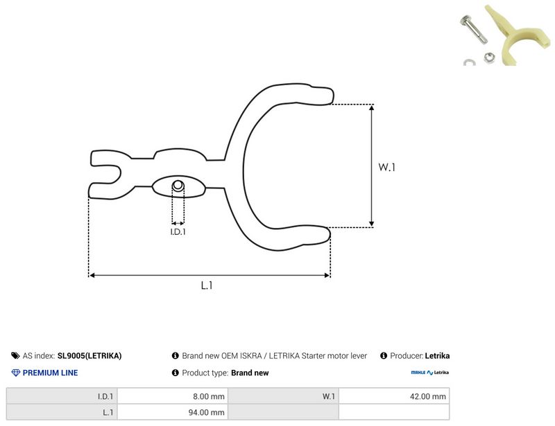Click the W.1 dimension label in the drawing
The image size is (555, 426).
386,167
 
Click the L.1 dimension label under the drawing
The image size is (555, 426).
207,285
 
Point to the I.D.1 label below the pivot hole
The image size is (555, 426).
178,231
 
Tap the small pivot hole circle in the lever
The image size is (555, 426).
178,185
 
